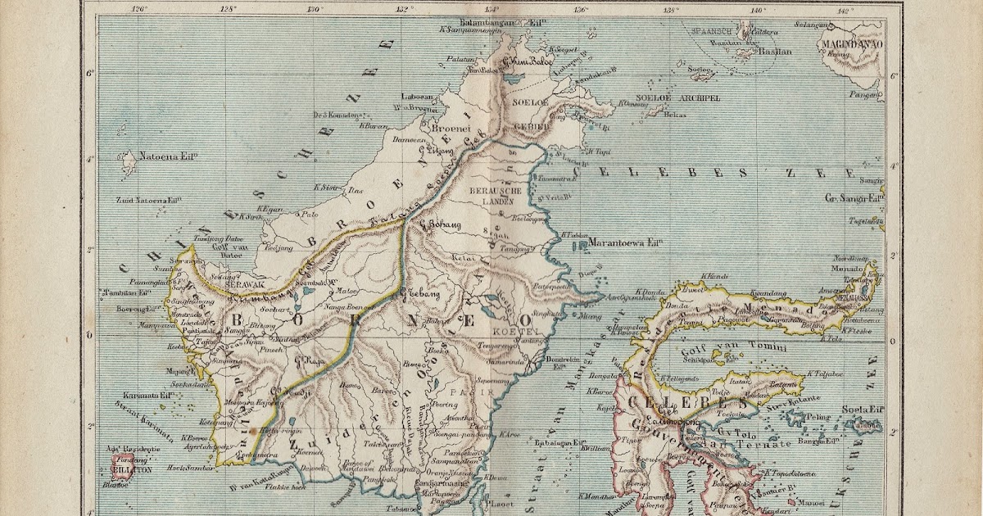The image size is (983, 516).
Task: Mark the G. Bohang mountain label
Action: [440, 223]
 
